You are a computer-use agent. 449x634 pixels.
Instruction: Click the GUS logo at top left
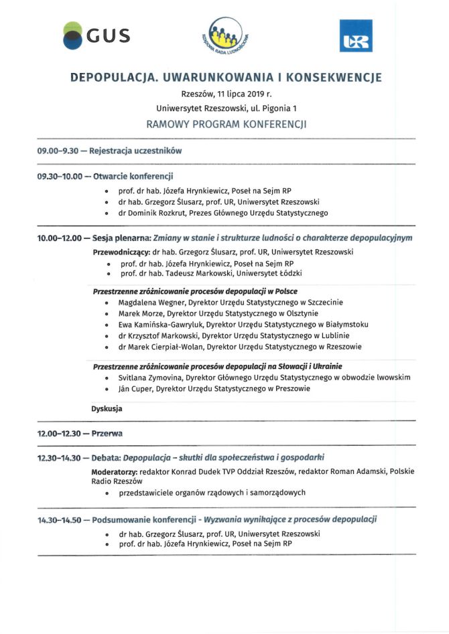click(x=95, y=35)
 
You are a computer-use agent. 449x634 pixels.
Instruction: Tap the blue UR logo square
click(x=355, y=36)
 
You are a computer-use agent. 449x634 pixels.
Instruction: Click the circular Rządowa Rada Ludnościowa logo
click(x=227, y=37)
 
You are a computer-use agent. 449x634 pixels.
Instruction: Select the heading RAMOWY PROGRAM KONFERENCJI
click(x=226, y=124)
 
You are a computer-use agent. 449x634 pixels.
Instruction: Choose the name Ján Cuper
click(x=134, y=388)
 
